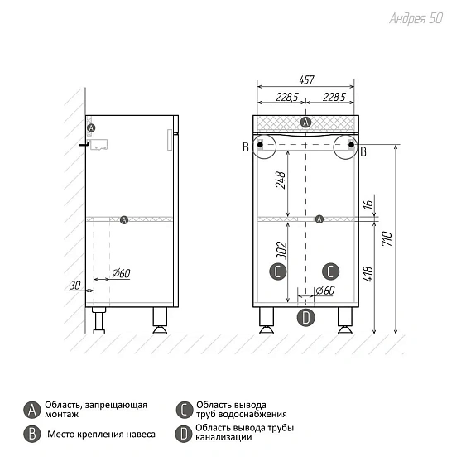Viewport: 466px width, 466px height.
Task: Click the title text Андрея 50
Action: coord(416,18)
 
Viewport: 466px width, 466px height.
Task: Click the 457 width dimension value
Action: coord(306,79)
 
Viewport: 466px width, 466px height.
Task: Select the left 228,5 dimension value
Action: coord(287,97)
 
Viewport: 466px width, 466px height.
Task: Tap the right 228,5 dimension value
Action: coord(334,97)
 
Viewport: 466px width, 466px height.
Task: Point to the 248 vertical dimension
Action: coord(281,180)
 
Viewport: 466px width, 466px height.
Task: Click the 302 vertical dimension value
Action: coord(281,251)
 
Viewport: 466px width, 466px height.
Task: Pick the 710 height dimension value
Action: coord(387,238)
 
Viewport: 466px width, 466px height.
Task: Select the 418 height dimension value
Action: coord(368,274)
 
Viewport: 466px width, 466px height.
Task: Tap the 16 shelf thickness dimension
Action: coord(368,204)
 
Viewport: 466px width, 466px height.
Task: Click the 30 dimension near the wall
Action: coord(75,286)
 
